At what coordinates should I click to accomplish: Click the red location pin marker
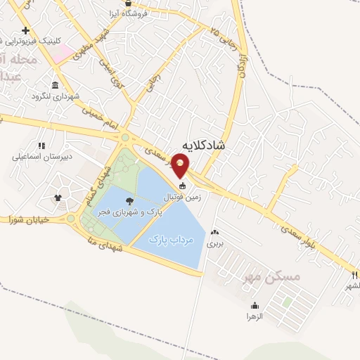[181, 165]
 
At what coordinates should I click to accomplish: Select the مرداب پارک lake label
[172, 240]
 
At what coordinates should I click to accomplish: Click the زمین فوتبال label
[187, 198]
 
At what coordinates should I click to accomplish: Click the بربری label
[214, 243]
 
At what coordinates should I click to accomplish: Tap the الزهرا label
[255, 317]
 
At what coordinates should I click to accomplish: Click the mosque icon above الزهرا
[255, 306]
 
